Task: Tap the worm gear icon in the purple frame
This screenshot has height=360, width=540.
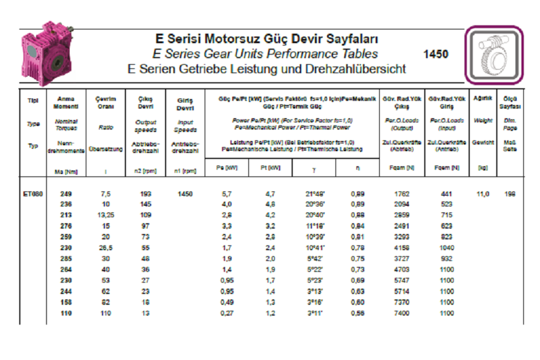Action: (494, 55)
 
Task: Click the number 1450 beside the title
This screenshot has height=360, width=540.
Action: (436, 54)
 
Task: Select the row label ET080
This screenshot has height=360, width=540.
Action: (33, 194)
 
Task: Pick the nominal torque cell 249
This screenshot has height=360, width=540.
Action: (67, 194)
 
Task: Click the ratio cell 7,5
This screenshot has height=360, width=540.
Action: (106, 194)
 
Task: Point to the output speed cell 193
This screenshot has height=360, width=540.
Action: (145, 194)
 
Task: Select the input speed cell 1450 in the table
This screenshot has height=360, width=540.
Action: (185, 194)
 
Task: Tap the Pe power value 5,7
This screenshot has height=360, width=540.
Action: (226, 194)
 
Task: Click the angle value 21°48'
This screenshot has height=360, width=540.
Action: (316, 194)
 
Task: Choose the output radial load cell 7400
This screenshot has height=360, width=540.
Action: (403, 313)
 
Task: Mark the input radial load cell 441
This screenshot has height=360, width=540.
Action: (447, 194)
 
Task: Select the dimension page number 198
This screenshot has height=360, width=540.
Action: (510, 194)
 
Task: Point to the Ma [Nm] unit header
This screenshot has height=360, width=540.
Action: (67, 171)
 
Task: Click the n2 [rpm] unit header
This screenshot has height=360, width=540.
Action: (145, 171)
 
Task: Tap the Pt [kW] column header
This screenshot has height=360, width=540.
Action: (271, 167)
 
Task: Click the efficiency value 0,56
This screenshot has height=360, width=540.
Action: (358, 313)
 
